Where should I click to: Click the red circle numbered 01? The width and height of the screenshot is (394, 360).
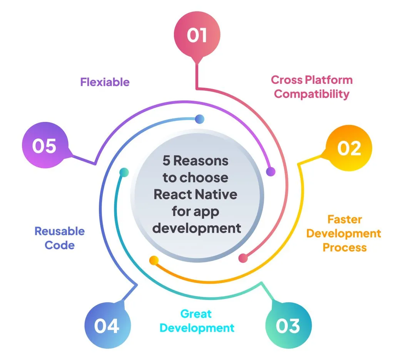(x=197, y=35)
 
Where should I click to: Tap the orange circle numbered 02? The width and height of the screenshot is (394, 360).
(x=349, y=148)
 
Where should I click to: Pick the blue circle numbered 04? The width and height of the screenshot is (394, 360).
(x=107, y=327)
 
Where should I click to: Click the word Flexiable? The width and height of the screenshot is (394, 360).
(x=105, y=82)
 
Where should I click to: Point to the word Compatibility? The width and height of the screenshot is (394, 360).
(x=312, y=94)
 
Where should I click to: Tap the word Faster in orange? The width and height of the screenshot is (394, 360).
(x=345, y=220)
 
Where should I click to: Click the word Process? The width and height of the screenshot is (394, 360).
(x=345, y=247)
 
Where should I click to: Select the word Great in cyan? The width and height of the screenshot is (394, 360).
(x=196, y=314)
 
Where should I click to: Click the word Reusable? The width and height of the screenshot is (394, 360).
(x=60, y=231)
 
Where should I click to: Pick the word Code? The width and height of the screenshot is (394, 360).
(x=60, y=245)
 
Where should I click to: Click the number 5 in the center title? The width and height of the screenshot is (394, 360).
(x=166, y=161)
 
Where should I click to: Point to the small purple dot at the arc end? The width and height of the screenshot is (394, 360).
(x=271, y=172)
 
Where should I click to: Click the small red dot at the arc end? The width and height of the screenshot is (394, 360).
(x=243, y=258)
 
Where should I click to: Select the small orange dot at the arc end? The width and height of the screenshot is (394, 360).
(x=154, y=260)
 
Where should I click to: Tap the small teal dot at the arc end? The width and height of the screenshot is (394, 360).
(x=124, y=172)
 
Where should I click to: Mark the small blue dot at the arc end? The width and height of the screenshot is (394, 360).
(x=199, y=119)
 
